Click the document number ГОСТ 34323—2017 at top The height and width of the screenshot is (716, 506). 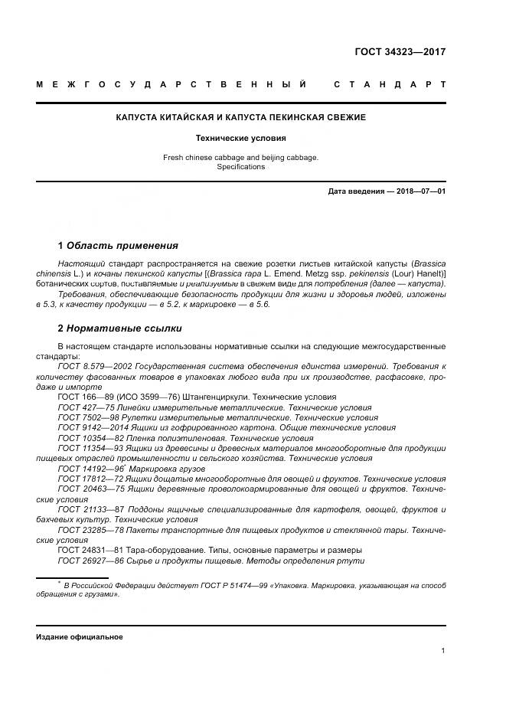tap(400, 53)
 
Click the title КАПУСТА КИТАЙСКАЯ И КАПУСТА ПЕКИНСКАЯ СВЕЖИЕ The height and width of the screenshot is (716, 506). tap(240, 117)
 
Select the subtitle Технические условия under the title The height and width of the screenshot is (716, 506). tap(240, 139)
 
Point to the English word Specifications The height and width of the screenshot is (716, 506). tap(240, 166)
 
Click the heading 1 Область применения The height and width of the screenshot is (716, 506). tap(118, 246)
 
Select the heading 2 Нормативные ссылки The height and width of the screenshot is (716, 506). tap(120, 329)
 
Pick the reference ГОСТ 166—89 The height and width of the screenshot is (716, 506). tap(83, 397)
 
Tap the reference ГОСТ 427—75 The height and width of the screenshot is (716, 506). tap(83, 408)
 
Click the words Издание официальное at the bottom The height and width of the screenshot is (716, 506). tap(80, 637)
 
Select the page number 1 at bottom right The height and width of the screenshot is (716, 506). tap(443, 651)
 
